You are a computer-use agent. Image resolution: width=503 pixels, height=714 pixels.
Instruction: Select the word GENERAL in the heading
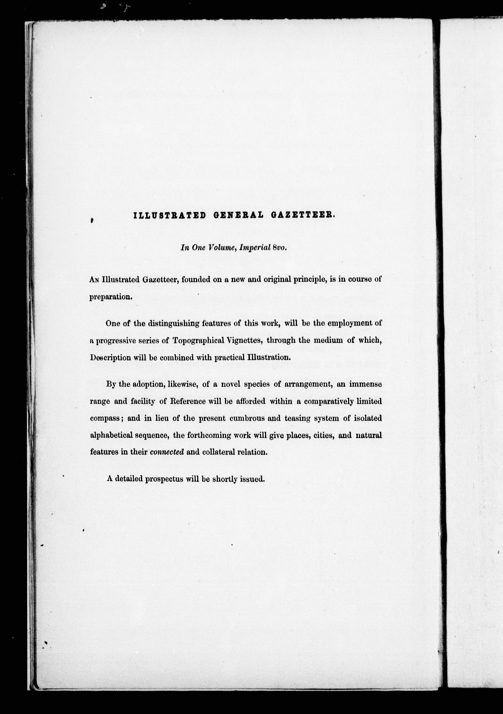(239, 215)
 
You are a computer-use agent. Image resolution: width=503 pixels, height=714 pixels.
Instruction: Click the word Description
(110, 358)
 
